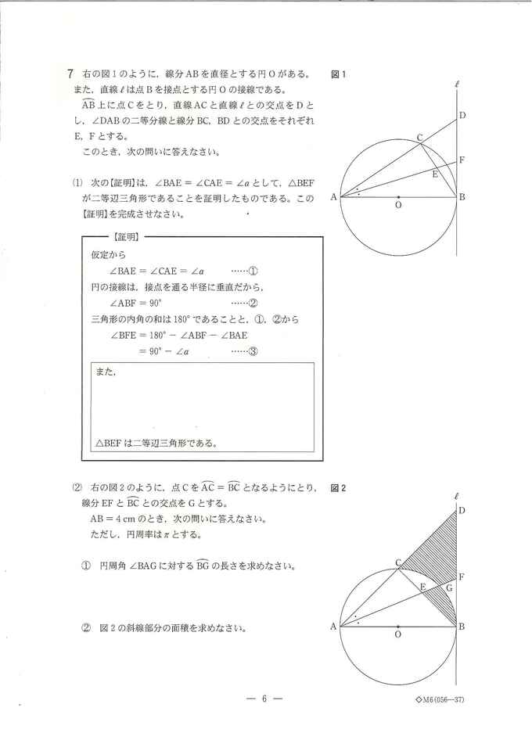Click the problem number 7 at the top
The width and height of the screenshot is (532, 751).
[70, 74]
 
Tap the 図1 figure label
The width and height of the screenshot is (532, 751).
[339, 75]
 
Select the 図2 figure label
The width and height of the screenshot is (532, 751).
[339, 487]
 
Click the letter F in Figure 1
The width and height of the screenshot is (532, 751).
[462, 160]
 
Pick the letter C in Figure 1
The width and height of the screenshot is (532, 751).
[419, 138]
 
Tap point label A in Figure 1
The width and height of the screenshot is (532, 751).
[334, 198]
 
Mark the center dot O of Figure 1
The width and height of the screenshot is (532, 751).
[398, 197]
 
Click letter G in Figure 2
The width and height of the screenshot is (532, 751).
[448, 586]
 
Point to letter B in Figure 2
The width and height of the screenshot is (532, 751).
[462, 627]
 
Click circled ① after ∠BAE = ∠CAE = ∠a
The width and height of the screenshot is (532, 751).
[253, 271]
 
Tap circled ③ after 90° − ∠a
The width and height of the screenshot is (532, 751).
[253, 352]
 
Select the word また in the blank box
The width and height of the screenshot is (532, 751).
[105, 372]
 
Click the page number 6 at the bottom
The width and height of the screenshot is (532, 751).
[266, 699]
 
